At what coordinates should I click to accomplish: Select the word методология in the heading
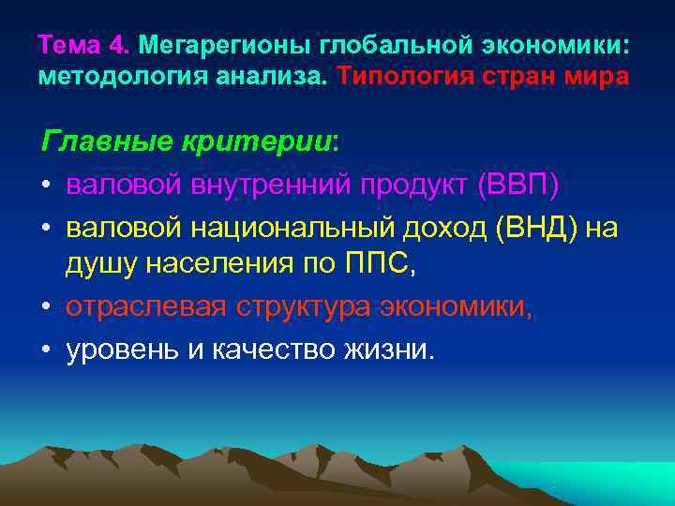111,75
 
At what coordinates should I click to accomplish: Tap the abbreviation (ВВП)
517,186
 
